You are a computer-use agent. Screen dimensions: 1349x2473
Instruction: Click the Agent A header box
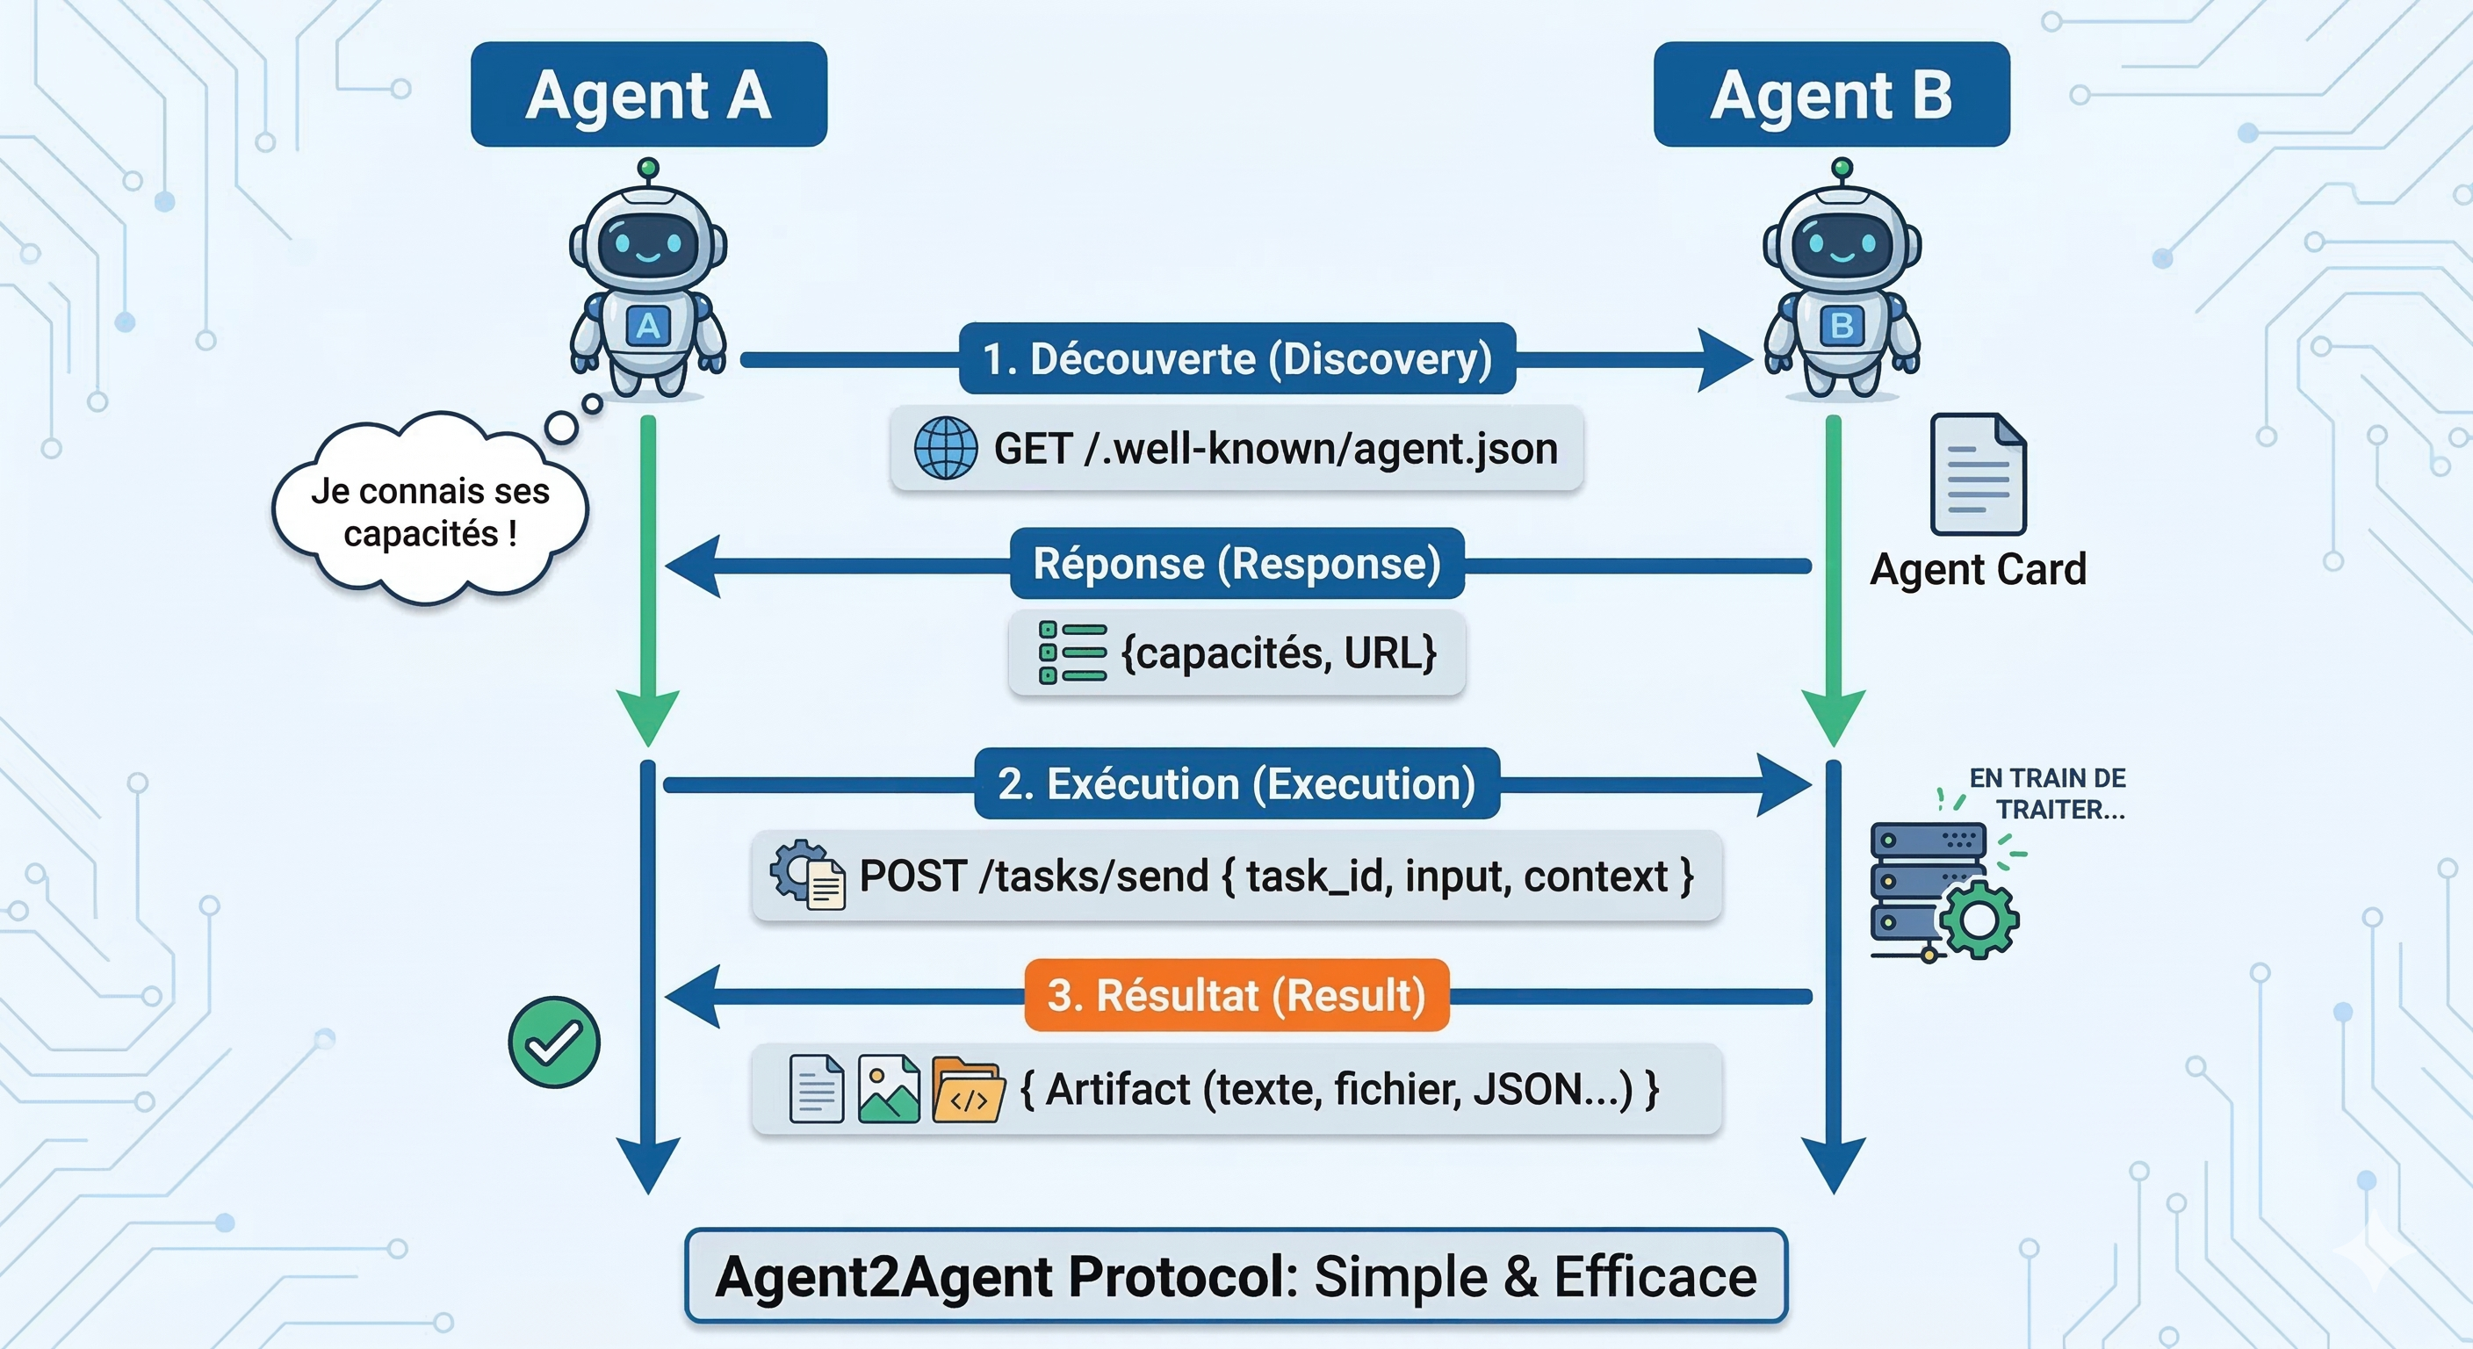(648, 94)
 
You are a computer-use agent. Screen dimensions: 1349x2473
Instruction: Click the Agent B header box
(1831, 94)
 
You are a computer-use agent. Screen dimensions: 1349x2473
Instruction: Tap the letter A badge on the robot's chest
(648, 327)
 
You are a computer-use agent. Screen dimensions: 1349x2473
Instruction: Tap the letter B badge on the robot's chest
(1842, 327)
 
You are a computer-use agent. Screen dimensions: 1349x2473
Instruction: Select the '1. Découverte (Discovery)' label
(1236, 359)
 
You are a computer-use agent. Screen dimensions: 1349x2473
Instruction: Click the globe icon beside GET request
(945, 449)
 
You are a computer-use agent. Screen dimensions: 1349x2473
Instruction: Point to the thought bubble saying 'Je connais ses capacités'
(429, 512)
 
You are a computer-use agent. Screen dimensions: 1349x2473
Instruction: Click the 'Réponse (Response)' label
(1236, 564)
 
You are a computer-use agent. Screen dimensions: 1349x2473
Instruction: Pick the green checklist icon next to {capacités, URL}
(1071, 653)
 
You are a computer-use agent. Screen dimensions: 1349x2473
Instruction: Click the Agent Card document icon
(1978, 474)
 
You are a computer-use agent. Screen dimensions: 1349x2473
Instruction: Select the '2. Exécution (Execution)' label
(1236, 783)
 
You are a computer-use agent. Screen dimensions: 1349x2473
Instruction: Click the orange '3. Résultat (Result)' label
(1236, 996)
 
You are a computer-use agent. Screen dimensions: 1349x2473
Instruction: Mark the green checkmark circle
(554, 1042)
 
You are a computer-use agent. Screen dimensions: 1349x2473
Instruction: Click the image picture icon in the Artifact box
(888, 1089)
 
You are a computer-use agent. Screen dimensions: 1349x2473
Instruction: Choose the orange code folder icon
(967, 1091)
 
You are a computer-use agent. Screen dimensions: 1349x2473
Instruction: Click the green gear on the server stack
(1978, 920)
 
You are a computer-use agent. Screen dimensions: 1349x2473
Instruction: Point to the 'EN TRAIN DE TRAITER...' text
(2049, 793)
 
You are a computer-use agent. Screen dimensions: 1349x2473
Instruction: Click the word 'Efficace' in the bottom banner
(1655, 1277)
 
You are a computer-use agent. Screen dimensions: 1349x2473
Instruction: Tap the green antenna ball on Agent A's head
(648, 168)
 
